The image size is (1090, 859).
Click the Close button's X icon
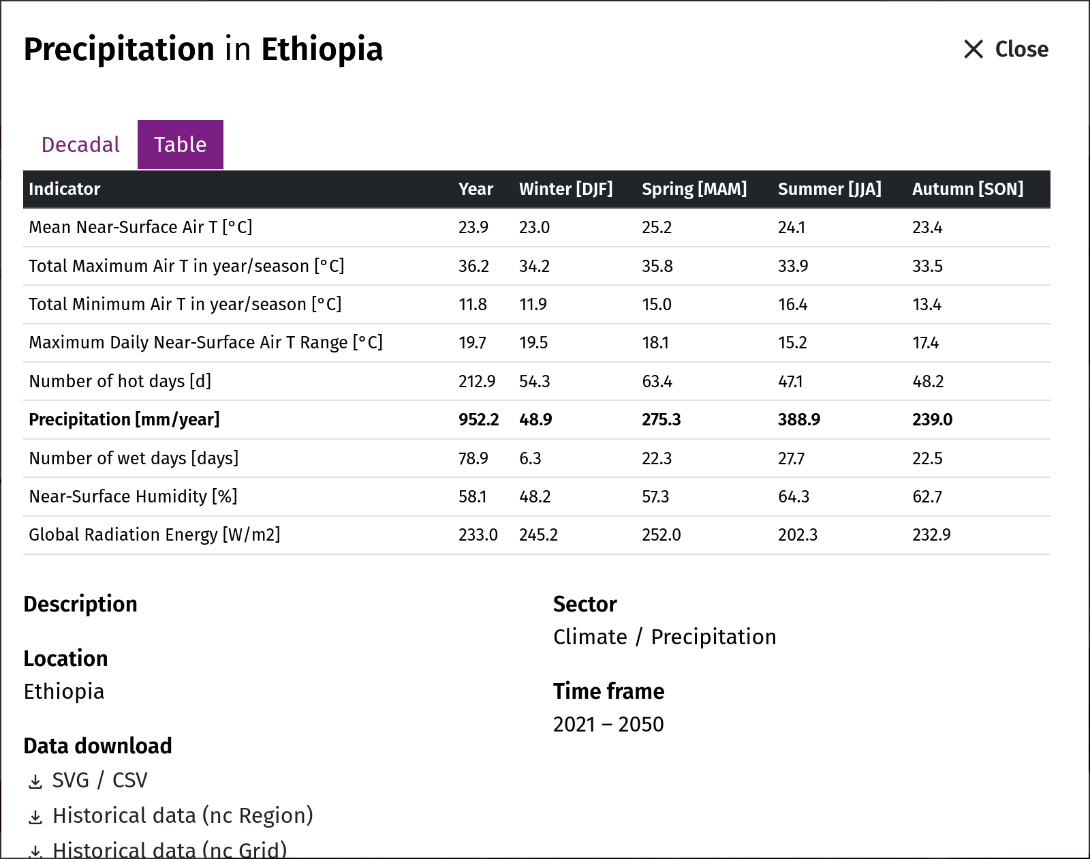pos(973,49)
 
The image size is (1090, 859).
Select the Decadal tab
pos(80,145)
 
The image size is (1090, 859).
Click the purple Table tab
pos(181,145)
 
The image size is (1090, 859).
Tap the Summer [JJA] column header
pos(829,189)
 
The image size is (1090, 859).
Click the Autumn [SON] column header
pos(967,189)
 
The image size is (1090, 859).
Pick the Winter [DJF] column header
pos(565,189)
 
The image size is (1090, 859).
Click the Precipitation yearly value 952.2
pos(479,419)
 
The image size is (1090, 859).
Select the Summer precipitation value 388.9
pos(798,419)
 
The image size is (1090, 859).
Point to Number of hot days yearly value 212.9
pos(477,381)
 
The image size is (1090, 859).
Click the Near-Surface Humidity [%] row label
pos(134,496)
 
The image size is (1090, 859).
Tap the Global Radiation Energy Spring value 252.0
pos(661,534)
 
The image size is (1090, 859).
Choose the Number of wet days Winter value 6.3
pos(530,458)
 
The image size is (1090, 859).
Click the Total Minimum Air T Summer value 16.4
pos(793,304)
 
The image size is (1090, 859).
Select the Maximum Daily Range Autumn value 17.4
pos(925,343)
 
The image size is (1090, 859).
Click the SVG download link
pos(71,780)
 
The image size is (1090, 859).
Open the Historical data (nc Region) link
pos(183,815)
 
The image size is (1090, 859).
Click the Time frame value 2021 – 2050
pos(608,724)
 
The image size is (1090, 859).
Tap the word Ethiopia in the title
pos(322,49)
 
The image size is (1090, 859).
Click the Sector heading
pos(585,604)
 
